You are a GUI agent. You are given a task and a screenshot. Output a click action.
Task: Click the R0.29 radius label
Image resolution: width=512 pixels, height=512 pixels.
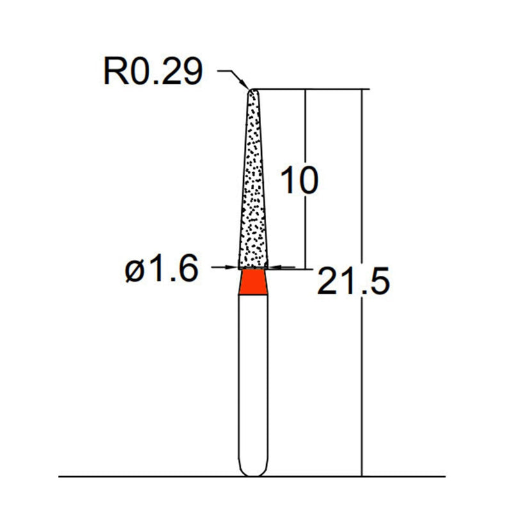152,72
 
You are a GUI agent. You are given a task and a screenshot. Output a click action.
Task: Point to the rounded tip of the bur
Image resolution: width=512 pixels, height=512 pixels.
253,92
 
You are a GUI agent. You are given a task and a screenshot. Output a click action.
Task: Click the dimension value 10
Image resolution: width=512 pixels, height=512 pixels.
298,182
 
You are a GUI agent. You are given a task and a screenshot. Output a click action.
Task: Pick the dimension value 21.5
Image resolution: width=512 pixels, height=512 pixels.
353,282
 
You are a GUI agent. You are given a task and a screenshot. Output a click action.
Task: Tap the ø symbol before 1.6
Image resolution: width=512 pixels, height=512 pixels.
135,271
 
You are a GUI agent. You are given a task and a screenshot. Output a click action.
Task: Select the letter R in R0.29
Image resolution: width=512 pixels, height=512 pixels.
114,72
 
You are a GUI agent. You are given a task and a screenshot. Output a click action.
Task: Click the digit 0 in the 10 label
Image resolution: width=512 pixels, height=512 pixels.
307,182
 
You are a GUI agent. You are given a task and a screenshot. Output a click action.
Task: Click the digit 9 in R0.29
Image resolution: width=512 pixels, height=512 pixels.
191,72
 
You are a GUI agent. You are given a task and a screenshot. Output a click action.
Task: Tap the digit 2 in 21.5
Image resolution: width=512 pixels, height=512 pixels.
329,282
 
